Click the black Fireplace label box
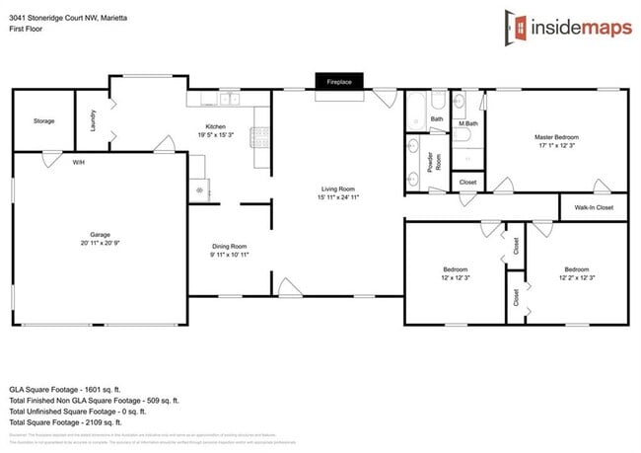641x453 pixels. (x=338, y=81)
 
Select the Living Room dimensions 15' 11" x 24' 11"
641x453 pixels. (x=338, y=197)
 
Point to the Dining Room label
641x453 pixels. (x=230, y=247)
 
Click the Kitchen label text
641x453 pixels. (x=216, y=126)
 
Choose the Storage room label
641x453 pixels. (x=43, y=120)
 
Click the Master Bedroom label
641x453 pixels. (x=556, y=137)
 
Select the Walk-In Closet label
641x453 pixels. (x=593, y=208)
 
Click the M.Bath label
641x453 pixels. (x=468, y=123)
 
